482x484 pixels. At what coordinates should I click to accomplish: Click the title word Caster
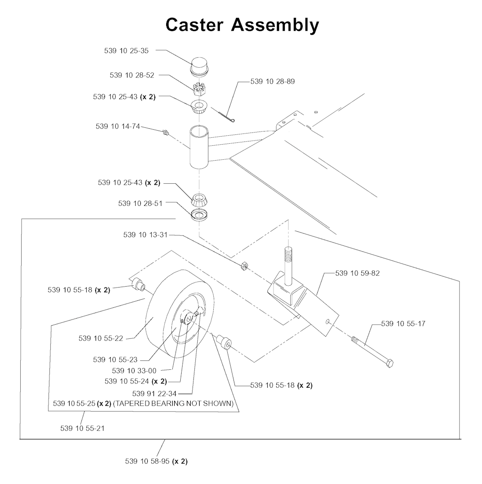point(193,24)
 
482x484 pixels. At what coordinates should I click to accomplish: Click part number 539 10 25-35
point(126,51)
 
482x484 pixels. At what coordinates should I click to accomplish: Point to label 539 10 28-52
point(132,75)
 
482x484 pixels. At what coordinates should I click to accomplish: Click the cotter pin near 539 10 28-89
point(225,116)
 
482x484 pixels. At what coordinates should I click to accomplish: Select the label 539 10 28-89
point(273,82)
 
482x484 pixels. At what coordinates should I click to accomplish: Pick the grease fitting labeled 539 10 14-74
point(165,132)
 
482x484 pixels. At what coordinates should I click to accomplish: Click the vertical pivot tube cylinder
point(200,147)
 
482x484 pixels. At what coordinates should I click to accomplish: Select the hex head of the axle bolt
point(389,364)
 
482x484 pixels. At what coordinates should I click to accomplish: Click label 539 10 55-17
point(403,324)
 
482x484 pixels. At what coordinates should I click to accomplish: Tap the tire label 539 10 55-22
point(101,338)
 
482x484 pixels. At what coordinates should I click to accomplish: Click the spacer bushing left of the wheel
point(137,284)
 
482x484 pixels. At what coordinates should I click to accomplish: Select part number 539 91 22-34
point(154,393)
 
